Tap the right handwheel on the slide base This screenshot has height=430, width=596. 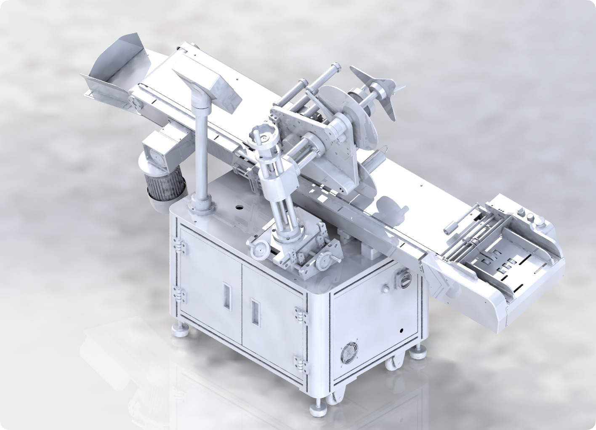pyautogui.click(x=324, y=263)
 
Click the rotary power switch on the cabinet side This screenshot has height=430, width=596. pyautogui.click(x=403, y=279)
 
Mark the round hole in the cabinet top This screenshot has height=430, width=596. pyautogui.click(x=239, y=207)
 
